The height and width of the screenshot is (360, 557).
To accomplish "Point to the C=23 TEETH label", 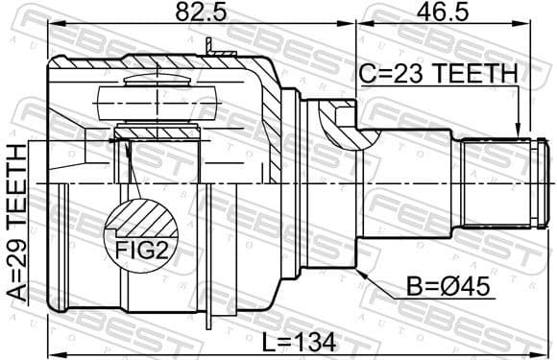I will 437,72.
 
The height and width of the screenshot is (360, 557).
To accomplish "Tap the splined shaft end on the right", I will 504,182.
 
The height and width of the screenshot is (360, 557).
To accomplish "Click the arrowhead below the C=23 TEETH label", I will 519,133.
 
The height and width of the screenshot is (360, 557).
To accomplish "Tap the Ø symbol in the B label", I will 444,285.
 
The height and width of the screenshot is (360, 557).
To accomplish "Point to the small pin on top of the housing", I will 208,45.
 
